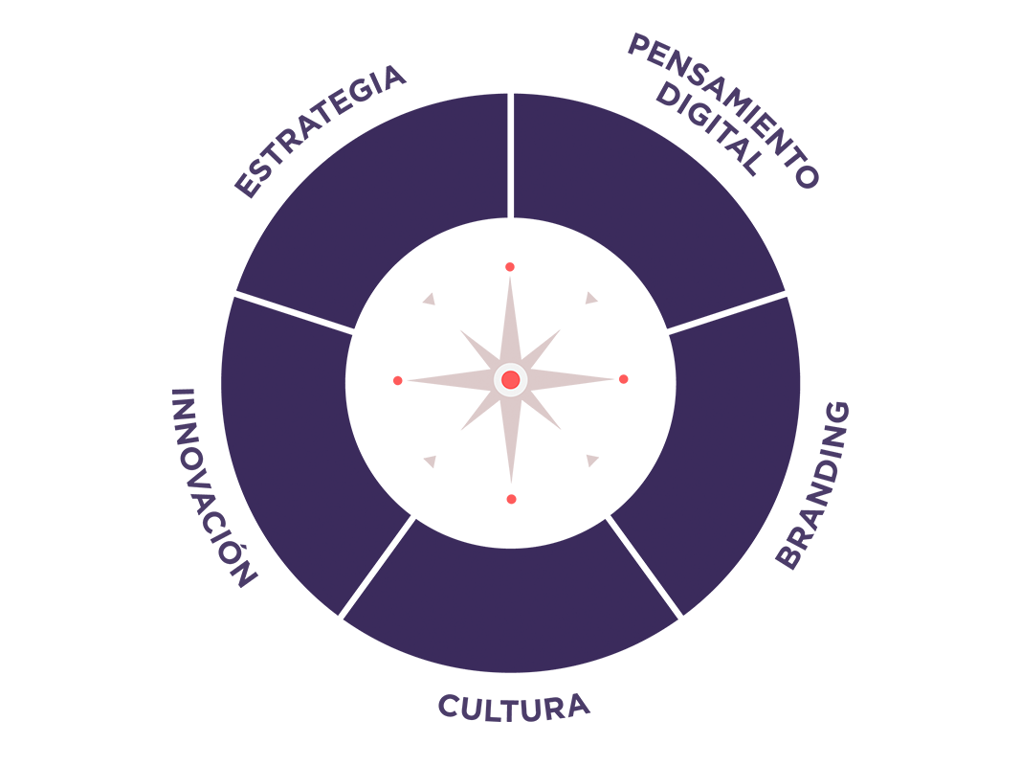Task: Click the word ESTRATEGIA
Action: click(321, 131)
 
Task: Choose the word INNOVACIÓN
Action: click(213, 486)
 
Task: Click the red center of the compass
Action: click(511, 380)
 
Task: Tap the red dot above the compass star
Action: click(510, 267)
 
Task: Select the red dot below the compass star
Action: click(511, 499)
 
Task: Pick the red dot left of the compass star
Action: click(397, 380)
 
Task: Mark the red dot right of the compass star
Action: click(624, 379)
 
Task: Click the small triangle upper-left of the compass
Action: click(430, 299)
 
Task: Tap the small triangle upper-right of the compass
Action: click(590, 299)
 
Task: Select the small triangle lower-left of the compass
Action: click(430, 461)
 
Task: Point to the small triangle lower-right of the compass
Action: click(591, 460)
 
